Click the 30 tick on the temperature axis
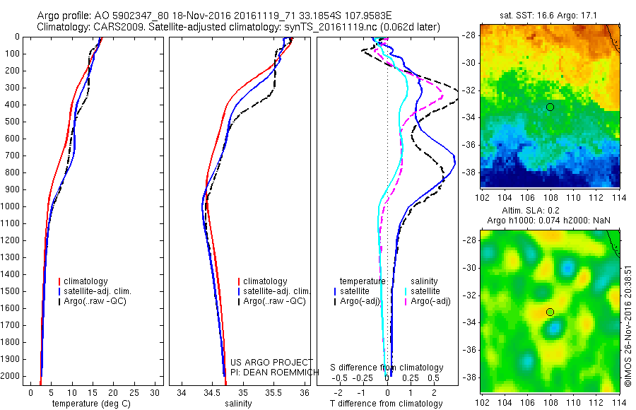156,392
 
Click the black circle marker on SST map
550,107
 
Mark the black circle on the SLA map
550,312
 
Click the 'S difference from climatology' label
387,368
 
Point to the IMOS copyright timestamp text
628,325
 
